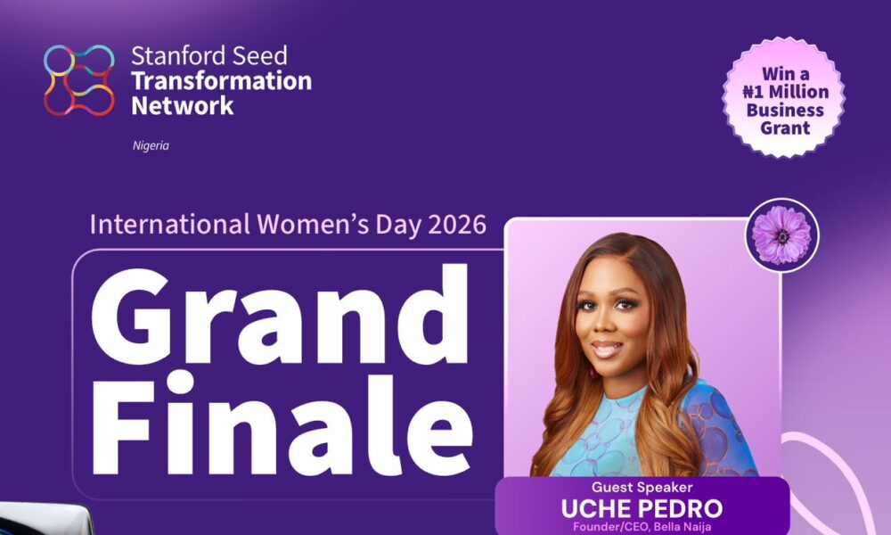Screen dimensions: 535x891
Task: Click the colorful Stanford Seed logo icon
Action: [x=79, y=80]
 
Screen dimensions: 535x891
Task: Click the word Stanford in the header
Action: [x=166, y=55]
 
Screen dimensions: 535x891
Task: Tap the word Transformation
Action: [x=221, y=81]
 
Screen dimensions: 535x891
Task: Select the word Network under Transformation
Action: [x=183, y=106]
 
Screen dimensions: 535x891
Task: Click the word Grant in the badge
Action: [x=783, y=128]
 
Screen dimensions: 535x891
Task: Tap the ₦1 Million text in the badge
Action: [x=783, y=92]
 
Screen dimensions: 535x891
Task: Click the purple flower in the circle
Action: [x=781, y=235]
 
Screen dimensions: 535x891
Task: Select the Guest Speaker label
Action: [x=642, y=488]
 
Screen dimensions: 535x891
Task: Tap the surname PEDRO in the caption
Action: [x=683, y=509]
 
